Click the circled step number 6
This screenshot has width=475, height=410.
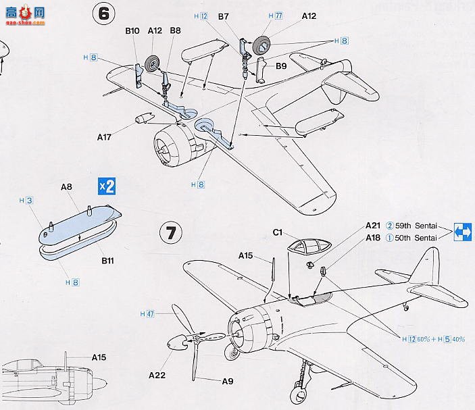point(104,17)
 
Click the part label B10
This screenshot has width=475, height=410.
point(133,30)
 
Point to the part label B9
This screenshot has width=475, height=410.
point(281,66)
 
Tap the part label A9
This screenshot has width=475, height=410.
point(228,382)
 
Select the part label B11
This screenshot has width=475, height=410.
point(107,259)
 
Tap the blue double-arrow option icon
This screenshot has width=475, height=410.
point(463,231)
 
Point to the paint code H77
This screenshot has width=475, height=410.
point(275,16)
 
